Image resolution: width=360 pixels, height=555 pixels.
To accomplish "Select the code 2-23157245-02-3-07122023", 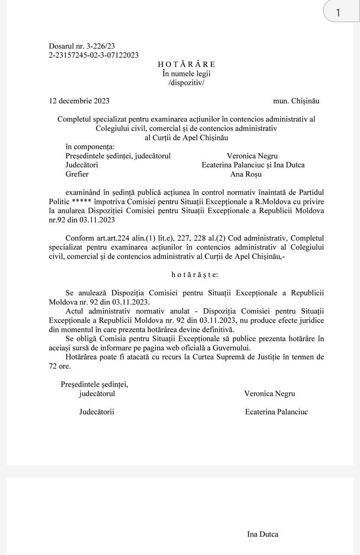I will pos(94,55).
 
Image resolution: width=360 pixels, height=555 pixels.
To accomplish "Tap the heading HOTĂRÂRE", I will pos(186,65).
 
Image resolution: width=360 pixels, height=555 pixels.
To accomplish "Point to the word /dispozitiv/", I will pos(186,82).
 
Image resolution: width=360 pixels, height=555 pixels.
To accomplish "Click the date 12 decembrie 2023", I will pos(79,101).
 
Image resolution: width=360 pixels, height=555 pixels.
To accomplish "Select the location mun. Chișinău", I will pos(296,101).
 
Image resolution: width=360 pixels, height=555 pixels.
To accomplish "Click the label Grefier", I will pos(77,174).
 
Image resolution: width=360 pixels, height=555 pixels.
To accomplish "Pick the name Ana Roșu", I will pos(246,174).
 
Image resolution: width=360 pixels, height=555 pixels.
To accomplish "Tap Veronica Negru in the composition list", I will pos(252,156).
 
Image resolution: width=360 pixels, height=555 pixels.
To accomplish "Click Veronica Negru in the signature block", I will pos(269,394).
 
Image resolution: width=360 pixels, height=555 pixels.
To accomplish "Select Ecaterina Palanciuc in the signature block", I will pos(276,412).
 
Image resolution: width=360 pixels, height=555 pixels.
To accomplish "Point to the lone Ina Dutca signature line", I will pos(263,534).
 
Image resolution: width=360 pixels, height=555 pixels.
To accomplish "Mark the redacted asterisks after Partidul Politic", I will pos(81,202).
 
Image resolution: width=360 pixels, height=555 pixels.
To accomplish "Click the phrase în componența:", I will pos(90,147).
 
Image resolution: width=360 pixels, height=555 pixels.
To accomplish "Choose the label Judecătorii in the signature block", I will pos(97,412).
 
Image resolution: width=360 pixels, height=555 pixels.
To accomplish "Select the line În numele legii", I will pos(186,74).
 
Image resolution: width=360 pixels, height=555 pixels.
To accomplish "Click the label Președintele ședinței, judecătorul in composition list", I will pos(118,156).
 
